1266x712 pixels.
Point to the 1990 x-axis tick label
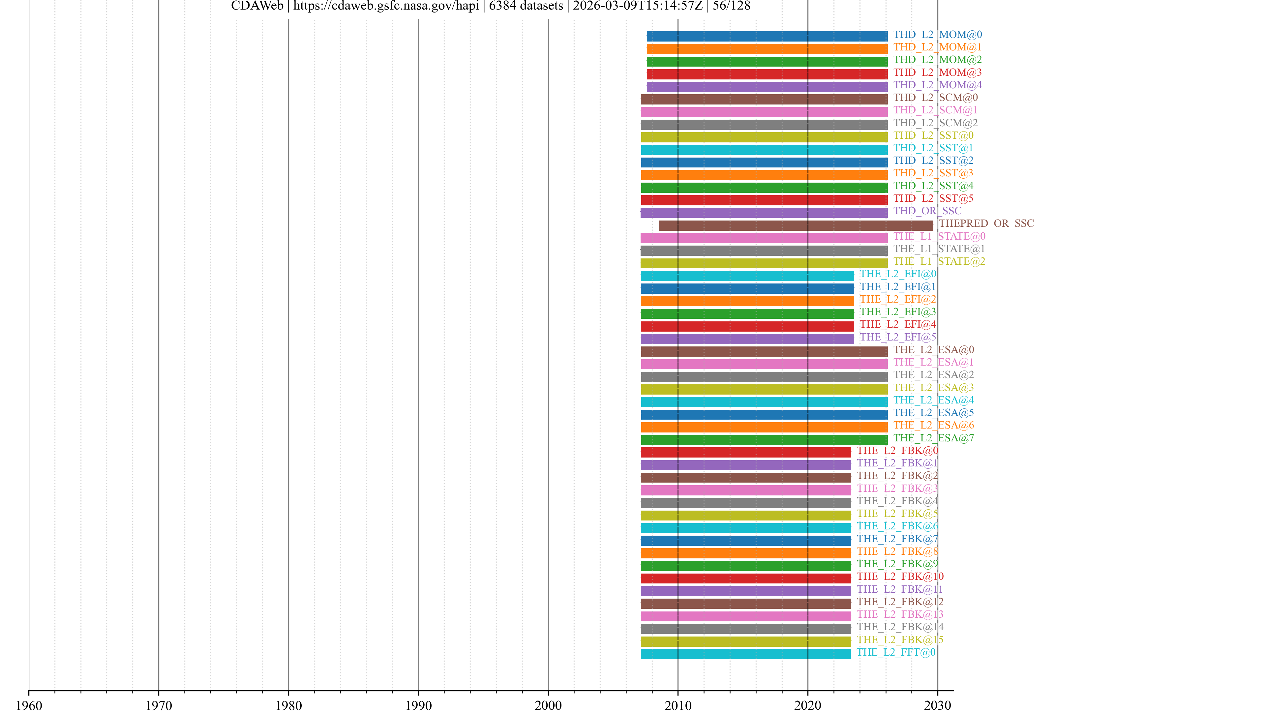(418, 705)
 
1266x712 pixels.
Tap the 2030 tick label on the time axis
(937, 705)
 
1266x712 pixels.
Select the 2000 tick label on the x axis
(548, 705)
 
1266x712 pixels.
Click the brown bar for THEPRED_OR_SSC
(796, 225)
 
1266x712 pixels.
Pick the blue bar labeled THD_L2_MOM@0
(767, 36)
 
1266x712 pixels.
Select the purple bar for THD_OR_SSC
(764, 213)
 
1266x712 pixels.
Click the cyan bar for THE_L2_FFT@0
(745, 654)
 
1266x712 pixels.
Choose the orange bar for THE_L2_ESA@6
(764, 427)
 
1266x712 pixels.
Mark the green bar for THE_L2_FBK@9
(745, 566)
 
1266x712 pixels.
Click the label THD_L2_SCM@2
(935, 123)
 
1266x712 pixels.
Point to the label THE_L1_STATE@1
(939, 249)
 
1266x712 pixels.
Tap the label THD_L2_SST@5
(933, 198)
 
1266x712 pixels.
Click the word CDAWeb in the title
(257, 6)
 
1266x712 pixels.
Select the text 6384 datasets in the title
(526, 6)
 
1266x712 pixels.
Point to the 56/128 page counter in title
(731, 6)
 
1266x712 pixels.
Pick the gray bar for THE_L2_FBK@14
(745, 629)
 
